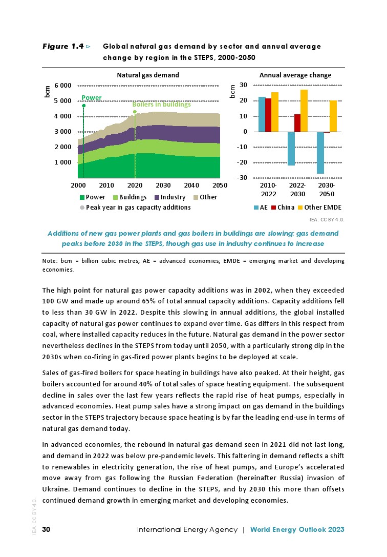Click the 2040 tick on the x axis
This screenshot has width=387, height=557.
point(191,184)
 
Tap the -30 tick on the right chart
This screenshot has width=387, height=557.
point(243,178)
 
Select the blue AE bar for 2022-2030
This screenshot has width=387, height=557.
point(291,149)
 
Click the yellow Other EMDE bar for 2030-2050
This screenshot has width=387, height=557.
point(333,116)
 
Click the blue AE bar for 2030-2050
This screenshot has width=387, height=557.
point(320,153)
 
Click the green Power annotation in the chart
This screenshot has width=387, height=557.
point(92,97)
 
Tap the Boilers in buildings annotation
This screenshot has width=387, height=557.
point(161,105)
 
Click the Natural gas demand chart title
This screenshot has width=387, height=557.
point(148,75)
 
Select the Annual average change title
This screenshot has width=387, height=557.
point(295,75)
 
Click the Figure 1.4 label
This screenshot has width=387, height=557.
point(63,47)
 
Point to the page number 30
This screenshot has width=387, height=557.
point(46,529)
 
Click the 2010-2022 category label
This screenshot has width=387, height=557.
point(268,188)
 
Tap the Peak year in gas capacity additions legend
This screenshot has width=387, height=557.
point(135,208)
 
